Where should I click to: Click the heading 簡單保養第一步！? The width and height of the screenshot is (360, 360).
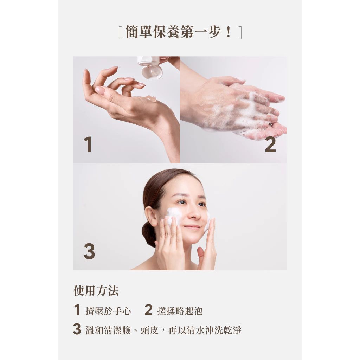[x=180, y=32]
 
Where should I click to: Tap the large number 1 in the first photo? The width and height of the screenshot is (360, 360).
[x=88, y=144]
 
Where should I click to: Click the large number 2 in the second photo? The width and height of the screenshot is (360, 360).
[x=270, y=144]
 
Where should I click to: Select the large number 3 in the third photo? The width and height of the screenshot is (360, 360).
[x=89, y=251]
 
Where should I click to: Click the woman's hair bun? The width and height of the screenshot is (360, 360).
[x=148, y=234]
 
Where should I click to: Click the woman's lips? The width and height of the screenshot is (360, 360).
[x=192, y=227]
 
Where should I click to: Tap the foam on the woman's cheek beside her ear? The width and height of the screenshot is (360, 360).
[x=173, y=216]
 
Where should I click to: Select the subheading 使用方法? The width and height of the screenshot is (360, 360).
[x=96, y=291]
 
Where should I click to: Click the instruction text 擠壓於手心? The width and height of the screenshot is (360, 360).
[x=108, y=311]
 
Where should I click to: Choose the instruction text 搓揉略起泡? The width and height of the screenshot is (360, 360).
[x=180, y=311]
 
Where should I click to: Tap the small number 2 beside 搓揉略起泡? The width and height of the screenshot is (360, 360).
[x=149, y=310]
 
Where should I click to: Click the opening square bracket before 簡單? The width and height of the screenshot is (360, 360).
[x=120, y=33]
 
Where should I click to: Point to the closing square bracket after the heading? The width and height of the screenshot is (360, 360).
[x=240, y=33]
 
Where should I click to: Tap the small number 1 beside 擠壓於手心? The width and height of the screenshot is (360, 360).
[x=77, y=310]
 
